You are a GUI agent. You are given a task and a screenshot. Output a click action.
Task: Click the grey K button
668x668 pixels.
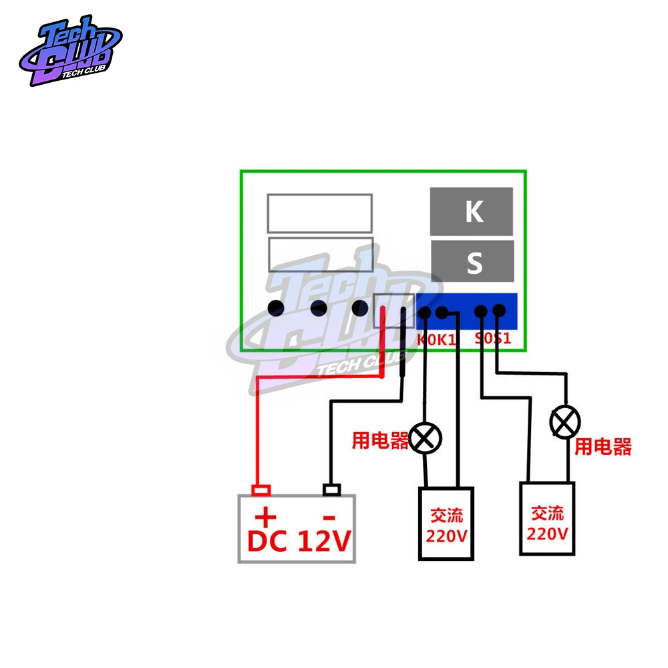click(x=472, y=211)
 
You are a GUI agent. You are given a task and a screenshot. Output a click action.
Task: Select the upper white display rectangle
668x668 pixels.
click(x=320, y=213)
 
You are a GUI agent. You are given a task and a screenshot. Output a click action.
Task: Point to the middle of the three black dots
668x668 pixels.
click(x=318, y=308)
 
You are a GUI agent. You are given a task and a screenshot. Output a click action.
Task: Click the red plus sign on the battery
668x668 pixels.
click(x=266, y=516)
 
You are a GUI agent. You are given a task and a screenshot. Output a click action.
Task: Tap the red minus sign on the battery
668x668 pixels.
click(x=329, y=516)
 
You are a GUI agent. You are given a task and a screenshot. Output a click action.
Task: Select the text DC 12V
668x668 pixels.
click(x=298, y=541)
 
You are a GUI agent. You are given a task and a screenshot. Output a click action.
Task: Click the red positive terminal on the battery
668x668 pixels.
click(x=261, y=490)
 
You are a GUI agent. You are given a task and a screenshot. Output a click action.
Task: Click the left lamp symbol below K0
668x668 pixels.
click(x=426, y=438)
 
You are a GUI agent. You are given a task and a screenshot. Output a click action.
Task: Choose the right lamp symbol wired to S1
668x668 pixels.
click(x=565, y=422)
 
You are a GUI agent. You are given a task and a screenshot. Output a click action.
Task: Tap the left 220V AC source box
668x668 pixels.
click(x=446, y=524)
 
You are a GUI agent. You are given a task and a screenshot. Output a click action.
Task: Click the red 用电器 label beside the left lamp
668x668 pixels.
click(x=380, y=440)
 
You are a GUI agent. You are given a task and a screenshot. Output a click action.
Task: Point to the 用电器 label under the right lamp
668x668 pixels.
click(x=603, y=447)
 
